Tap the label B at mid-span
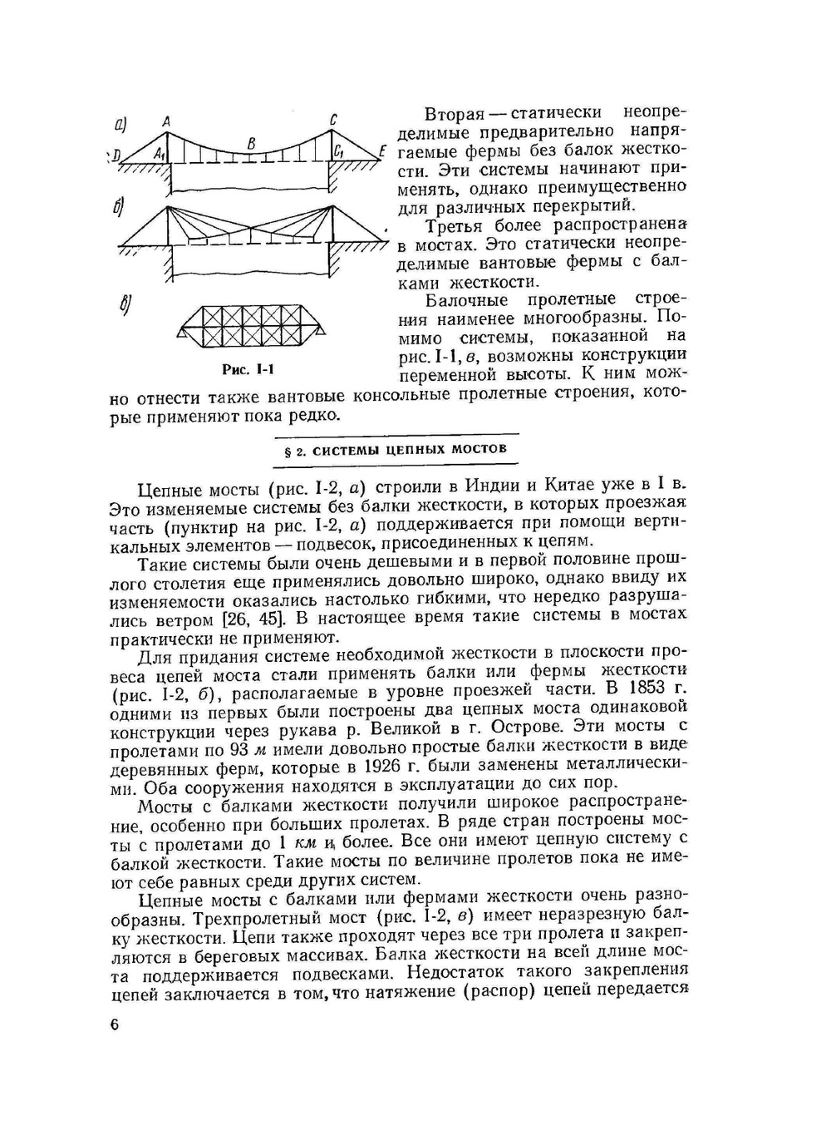coord(251,143)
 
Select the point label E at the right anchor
coord(381,151)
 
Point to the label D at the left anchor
coord(117,155)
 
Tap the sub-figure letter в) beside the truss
coord(125,306)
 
